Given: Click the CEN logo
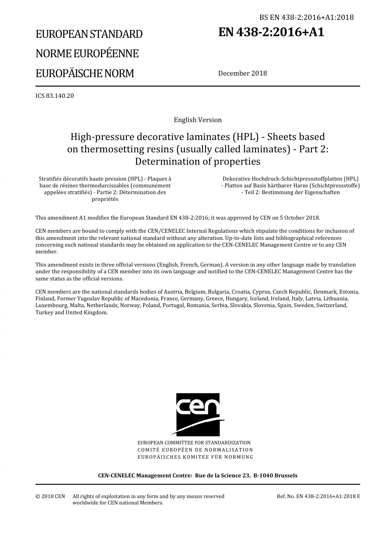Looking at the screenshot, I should tap(198, 414).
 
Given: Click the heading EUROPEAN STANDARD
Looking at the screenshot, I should tap(89, 34).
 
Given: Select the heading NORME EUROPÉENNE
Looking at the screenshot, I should tap(87, 54).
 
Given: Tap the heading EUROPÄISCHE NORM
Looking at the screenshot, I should tap(84, 74).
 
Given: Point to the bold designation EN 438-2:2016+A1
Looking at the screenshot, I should tap(271, 32).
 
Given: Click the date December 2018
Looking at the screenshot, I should tap(242, 73).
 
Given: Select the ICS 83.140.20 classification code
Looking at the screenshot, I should tap(55, 96).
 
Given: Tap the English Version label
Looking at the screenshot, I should tap(198, 120).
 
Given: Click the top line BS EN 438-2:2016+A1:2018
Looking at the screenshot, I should tap(306, 17).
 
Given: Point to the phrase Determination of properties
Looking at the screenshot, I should tap(198, 162).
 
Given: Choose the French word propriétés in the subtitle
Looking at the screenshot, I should tap(105, 199).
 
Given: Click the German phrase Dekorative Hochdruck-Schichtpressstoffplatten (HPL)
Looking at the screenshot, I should tap(290, 179).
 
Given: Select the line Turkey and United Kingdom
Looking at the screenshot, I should tap(72, 312).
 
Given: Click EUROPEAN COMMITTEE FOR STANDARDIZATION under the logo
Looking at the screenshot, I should tap(194, 442).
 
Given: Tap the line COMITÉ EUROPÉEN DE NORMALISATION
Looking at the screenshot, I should tap(195, 450).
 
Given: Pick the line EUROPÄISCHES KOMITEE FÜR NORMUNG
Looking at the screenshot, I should tap(195, 457).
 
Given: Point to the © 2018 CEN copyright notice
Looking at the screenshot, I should tap(50, 496).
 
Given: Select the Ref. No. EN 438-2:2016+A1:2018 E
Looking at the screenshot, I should tap(318, 496).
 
